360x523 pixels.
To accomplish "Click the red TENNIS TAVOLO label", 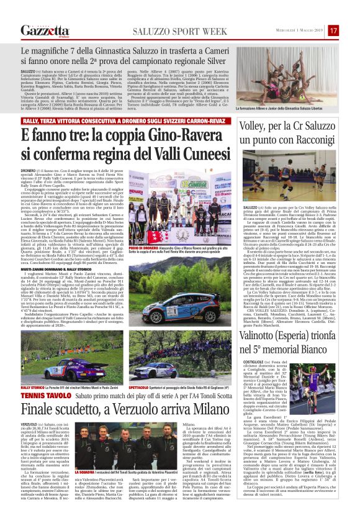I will pos(41,395).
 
